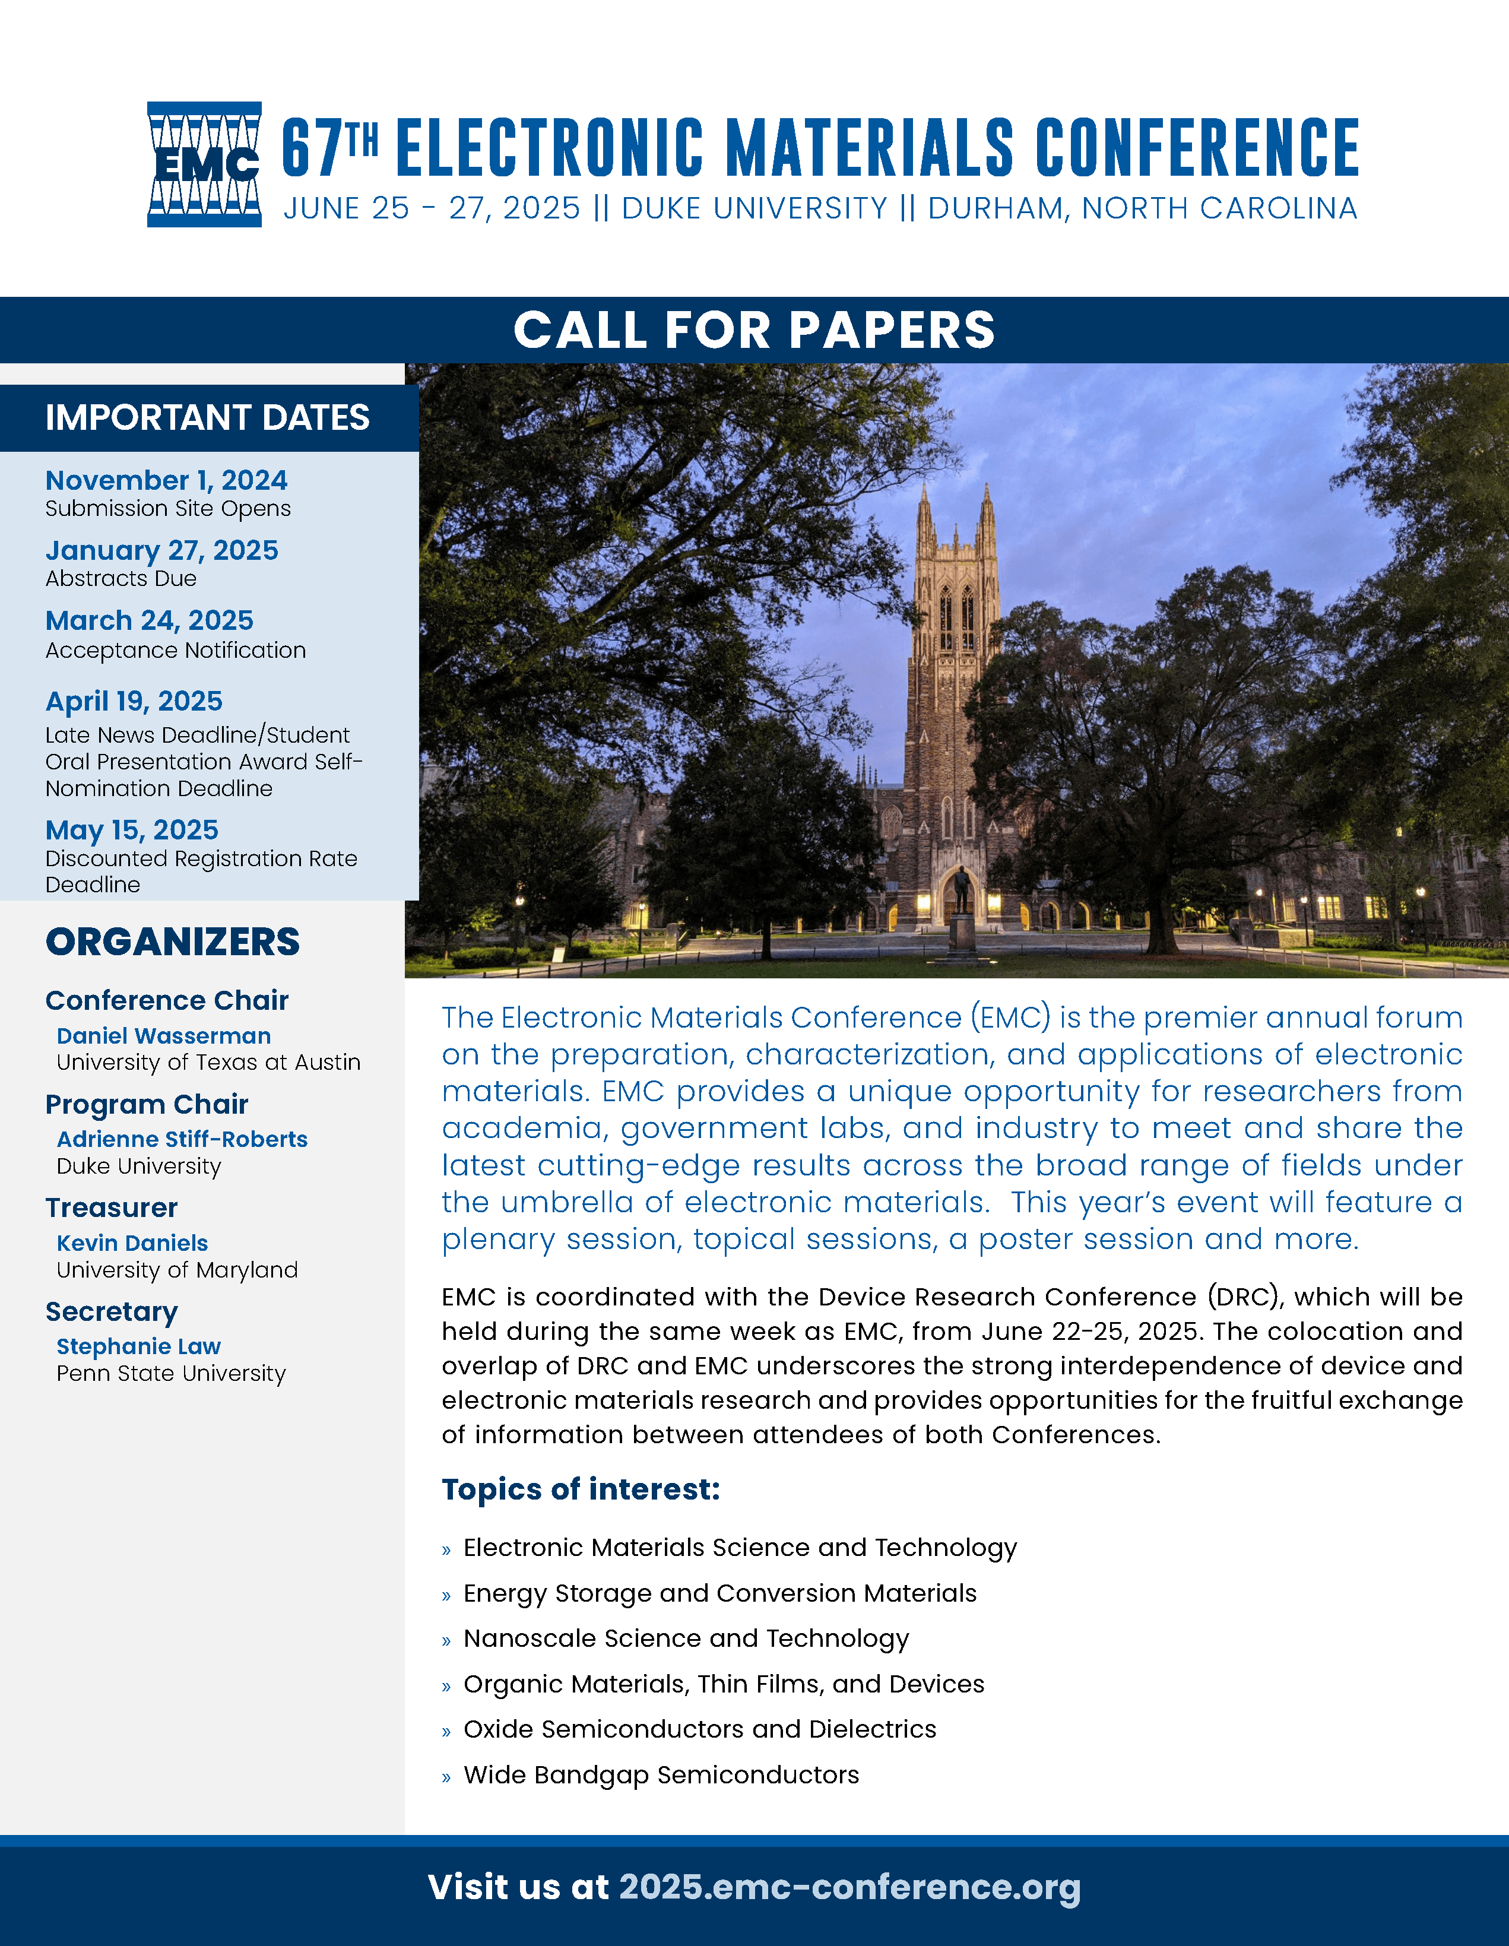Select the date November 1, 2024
pos(167,480)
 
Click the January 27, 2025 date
pos(162,551)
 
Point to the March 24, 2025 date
pos(150,620)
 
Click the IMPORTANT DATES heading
pos(208,418)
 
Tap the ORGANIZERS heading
pos(173,942)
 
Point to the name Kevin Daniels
pos(132,1243)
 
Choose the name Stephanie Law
pos(139,1346)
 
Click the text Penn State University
pos(171,1374)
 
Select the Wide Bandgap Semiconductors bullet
pos(661,1775)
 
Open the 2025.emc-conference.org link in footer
pos(850,1887)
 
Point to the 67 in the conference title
pos(310,149)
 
